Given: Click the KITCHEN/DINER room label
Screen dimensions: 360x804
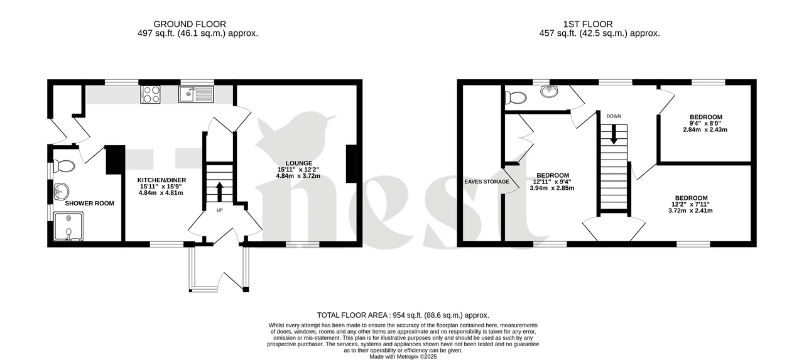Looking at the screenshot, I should tap(162, 180).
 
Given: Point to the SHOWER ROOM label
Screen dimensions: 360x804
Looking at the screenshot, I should tap(85, 203).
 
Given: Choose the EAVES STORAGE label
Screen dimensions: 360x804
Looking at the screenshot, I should tap(487, 182).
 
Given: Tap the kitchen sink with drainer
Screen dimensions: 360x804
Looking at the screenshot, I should tap(197, 95).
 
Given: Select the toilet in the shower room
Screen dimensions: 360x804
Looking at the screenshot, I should tap(64, 166).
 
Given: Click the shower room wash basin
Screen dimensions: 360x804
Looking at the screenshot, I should tap(61, 190).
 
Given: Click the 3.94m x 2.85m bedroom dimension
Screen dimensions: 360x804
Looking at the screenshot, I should tap(552, 188).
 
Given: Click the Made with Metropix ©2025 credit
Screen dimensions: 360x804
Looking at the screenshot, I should tap(403, 356).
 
